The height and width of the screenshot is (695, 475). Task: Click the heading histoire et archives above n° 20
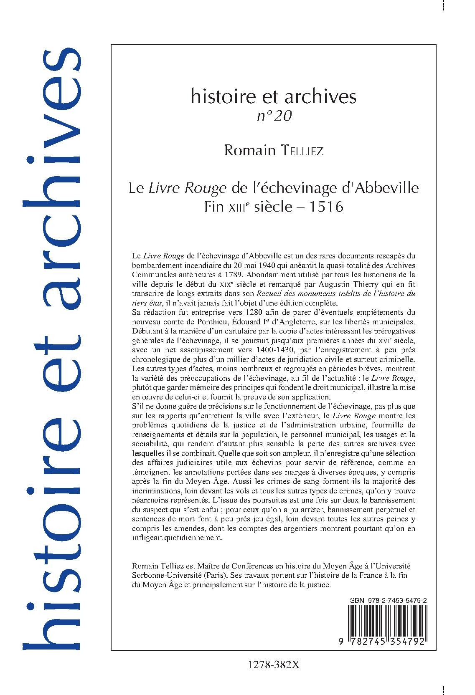(x=273, y=97)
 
